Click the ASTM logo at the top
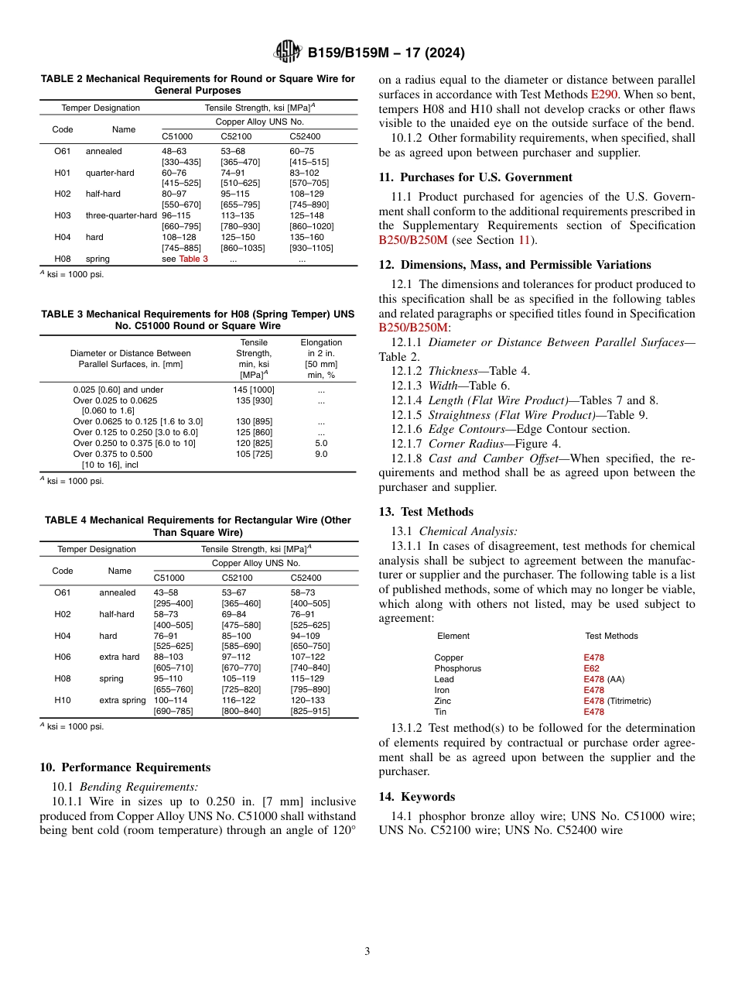coord(288,53)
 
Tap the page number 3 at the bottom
coord(367,952)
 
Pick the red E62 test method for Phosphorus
coord(591,668)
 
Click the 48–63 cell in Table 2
coord(174,151)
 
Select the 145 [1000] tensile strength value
coord(254,390)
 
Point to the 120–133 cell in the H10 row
coord(307,700)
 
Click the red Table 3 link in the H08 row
coord(193,259)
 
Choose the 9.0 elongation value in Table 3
coord(320,454)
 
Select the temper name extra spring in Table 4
coord(122,700)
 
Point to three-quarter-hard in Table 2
coord(121,215)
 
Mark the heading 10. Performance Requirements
coord(125,767)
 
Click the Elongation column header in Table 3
coord(321,342)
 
